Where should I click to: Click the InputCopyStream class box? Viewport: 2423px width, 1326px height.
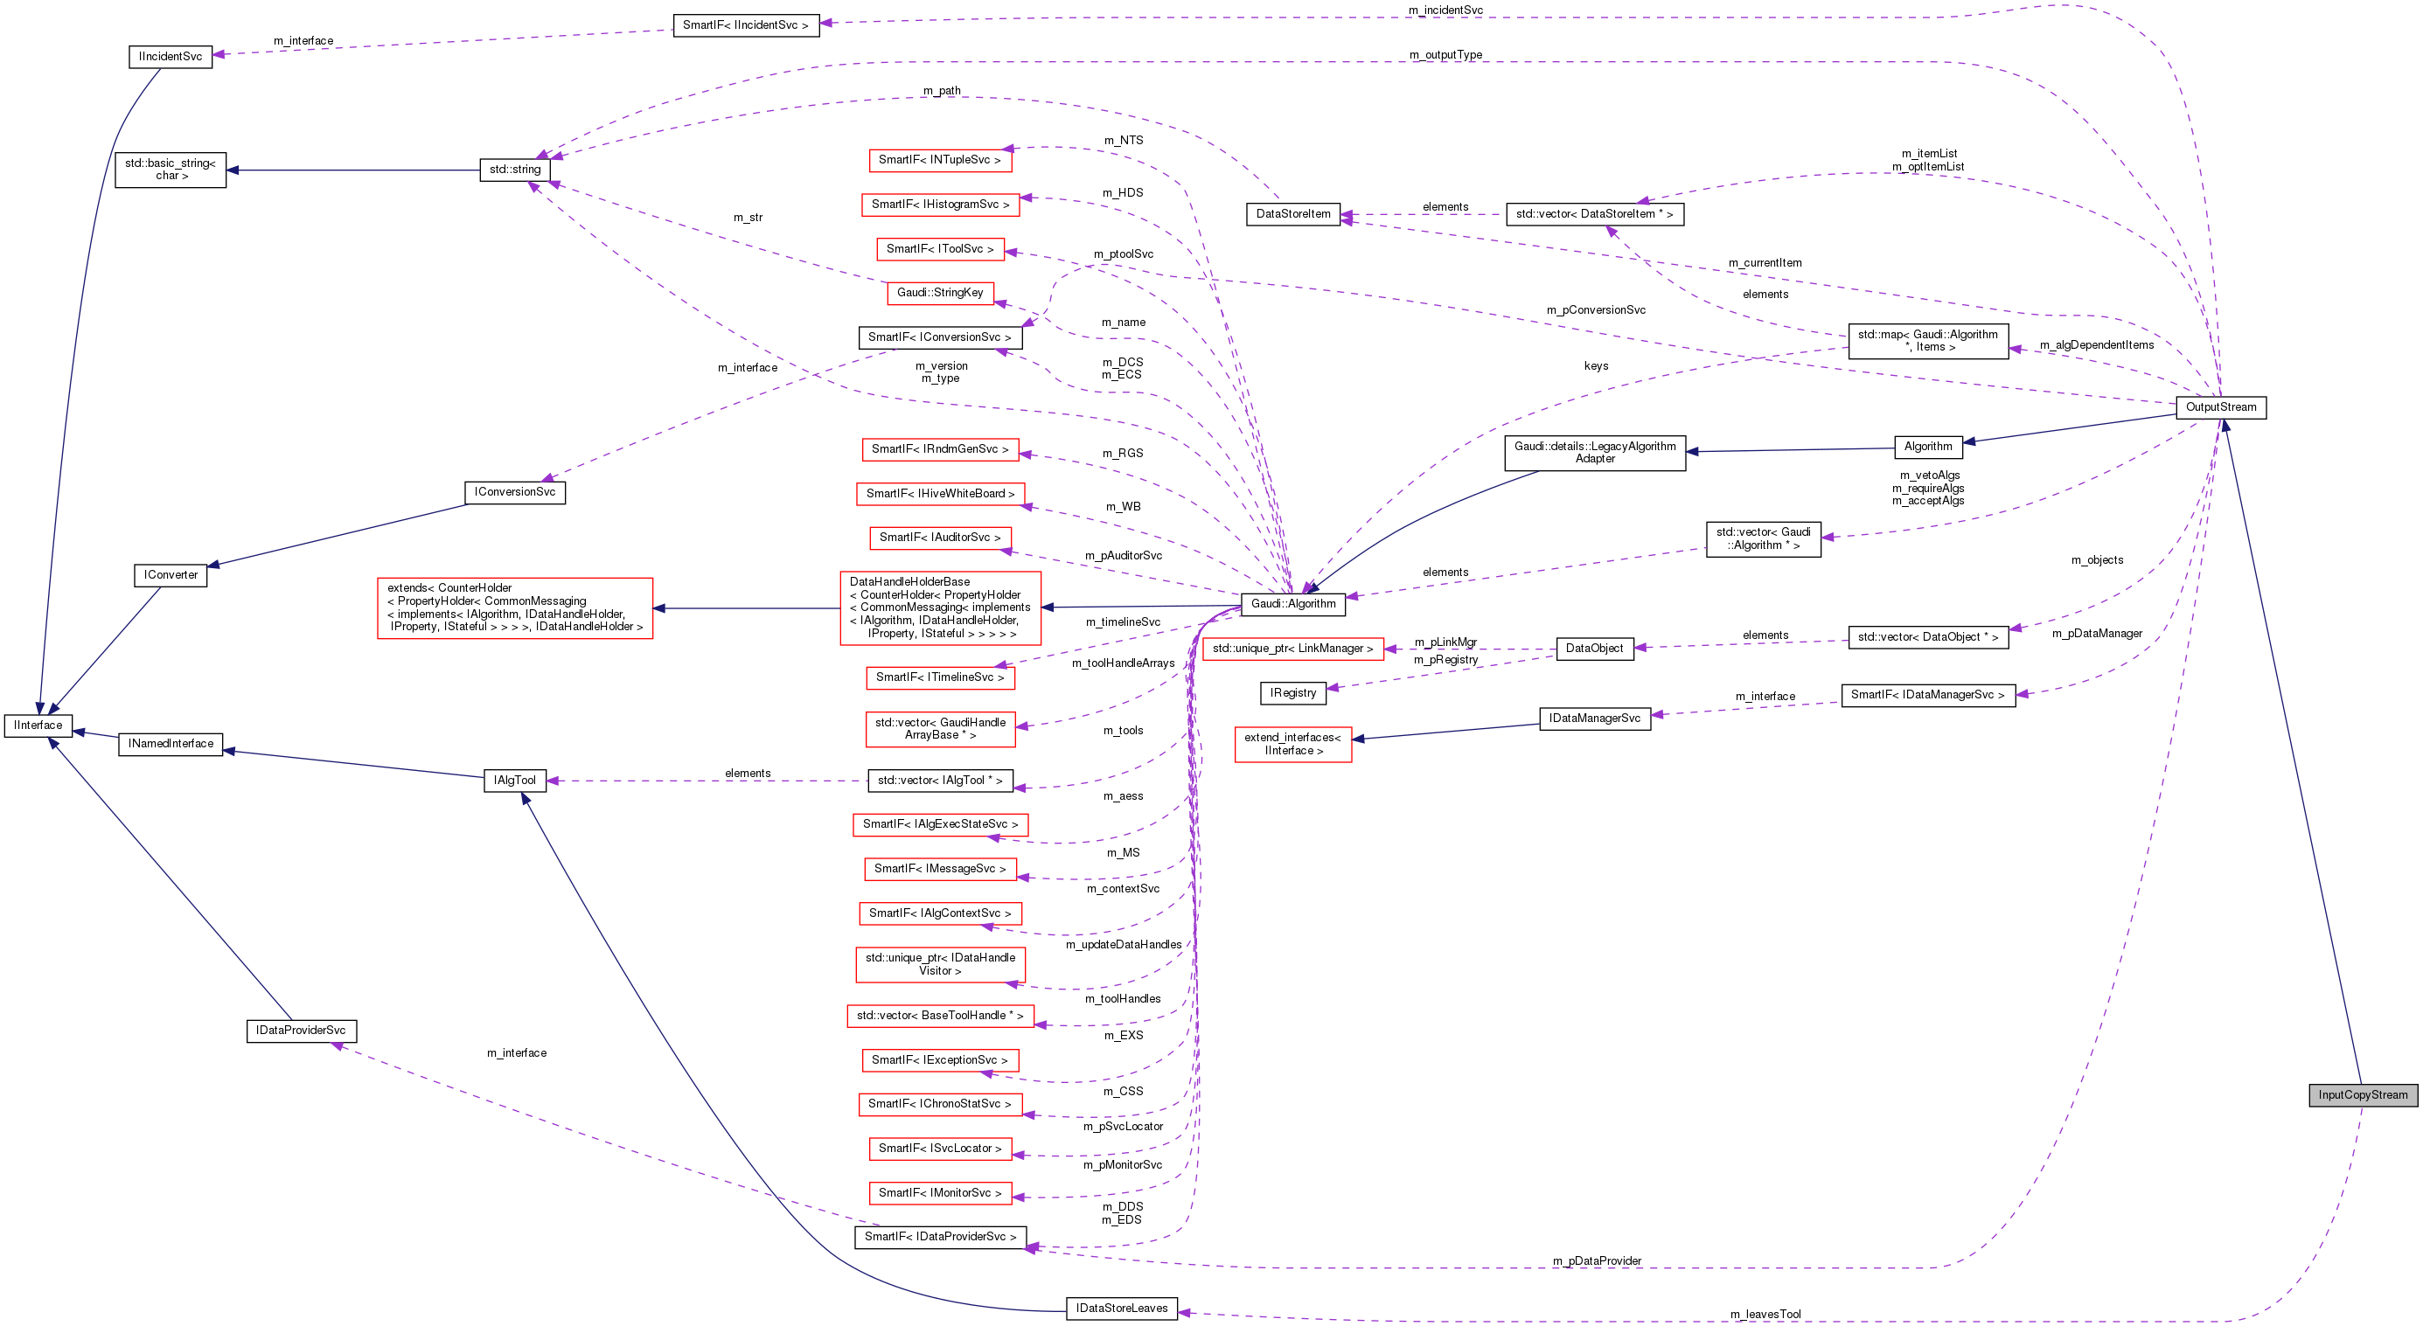point(2362,1094)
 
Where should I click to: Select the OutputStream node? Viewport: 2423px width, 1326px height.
point(2220,407)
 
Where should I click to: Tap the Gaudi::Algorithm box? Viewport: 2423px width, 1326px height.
point(1292,604)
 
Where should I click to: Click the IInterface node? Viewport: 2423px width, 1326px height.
point(38,725)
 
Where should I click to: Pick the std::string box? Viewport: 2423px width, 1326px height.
point(514,170)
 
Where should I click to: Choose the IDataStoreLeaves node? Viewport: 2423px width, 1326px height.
point(1121,1309)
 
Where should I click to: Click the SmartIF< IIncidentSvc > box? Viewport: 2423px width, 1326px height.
point(745,25)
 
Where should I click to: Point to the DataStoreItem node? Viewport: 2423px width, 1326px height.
point(1292,214)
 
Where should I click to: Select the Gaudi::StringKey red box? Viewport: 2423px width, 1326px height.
point(939,293)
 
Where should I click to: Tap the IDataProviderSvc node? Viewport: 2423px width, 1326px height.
point(300,1031)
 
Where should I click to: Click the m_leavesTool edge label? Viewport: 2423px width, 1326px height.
point(1765,1314)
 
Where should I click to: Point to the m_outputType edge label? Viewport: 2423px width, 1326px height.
point(1445,54)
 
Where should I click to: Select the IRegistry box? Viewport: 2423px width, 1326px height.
point(1292,693)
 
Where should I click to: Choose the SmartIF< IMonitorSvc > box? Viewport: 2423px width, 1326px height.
point(939,1192)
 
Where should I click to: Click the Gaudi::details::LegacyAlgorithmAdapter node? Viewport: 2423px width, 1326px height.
point(1594,453)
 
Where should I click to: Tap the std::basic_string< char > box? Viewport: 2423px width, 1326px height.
point(171,170)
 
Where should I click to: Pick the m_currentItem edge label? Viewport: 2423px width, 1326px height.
point(1765,262)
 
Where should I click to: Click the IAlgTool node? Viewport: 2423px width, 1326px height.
point(514,781)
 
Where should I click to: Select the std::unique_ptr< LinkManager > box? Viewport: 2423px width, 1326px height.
point(1292,649)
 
